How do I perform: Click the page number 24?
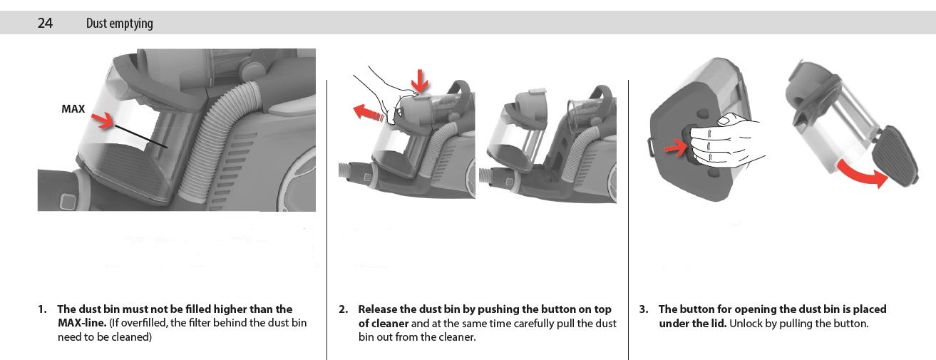point(45,23)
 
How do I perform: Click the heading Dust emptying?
point(120,24)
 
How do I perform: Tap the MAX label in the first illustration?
point(73,108)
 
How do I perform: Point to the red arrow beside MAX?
point(103,120)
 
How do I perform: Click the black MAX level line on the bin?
point(141,136)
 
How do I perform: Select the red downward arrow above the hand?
point(420,81)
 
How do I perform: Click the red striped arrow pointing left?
point(368,113)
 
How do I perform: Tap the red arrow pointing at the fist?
point(676,148)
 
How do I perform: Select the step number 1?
point(42,309)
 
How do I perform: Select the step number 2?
point(343,309)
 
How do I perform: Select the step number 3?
point(644,309)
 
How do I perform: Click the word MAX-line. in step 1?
point(82,323)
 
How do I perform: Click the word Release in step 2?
point(377,309)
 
